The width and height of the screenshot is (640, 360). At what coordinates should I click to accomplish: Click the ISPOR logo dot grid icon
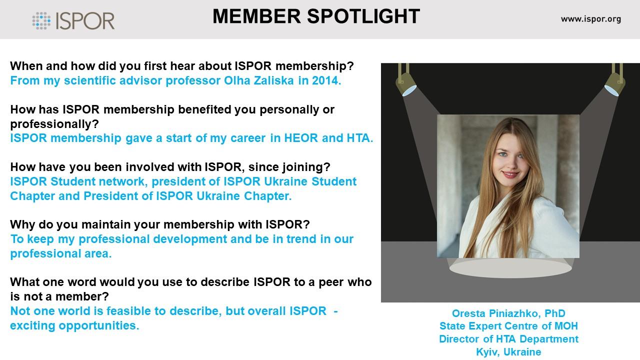pyautogui.click(x=41, y=21)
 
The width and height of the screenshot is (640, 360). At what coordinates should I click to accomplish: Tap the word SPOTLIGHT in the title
pyautogui.click(x=363, y=16)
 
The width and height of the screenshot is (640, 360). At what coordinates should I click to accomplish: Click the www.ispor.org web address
pyautogui.click(x=591, y=19)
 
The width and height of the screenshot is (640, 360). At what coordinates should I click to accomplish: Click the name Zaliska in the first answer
pyautogui.click(x=273, y=80)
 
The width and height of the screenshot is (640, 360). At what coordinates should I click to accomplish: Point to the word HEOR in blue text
pyautogui.click(x=301, y=138)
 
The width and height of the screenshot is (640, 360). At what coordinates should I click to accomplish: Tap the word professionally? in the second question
pyautogui.click(x=54, y=124)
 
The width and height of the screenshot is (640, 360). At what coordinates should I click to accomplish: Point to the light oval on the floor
pyautogui.click(x=510, y=268)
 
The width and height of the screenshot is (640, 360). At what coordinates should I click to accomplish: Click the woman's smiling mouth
pyautogui.click(x=511, y=174)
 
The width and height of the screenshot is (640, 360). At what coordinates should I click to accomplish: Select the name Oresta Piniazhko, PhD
pyautogui.click(x=508, y=313)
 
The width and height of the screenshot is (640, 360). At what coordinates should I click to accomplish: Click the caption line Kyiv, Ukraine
pyautogui.click(x=508, y=352)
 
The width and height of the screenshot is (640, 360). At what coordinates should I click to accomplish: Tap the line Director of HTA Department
pyautogui.click(x=508, y=339)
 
